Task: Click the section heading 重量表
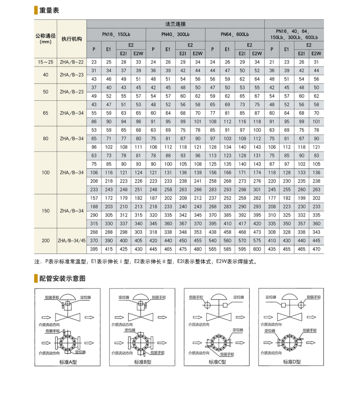pyautogui.click(x=49, y=10)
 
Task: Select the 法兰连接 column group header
pyautogui.click(x=175, y=23)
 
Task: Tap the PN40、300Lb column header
pyautogui.click(x=175, y=34)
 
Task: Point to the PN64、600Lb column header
pyautogui.click(x=235, y=34)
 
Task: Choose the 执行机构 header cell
pyautogui.click(x=72, y=39)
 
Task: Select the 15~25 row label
pyautogui.click(x=45, y=62)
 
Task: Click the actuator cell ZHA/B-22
pyautogui.click(x=72, y=62)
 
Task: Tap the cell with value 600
pyautogui.click(x=257, y=249)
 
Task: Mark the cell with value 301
pyautogui.click(x=257, y=189)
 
